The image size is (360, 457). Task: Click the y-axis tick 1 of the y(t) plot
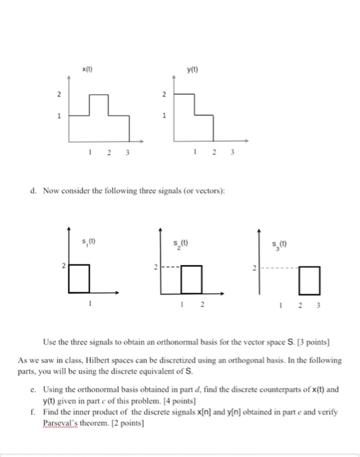click(x=165, y=117)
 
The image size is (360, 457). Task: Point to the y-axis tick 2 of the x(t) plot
click(x=59, y=95)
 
